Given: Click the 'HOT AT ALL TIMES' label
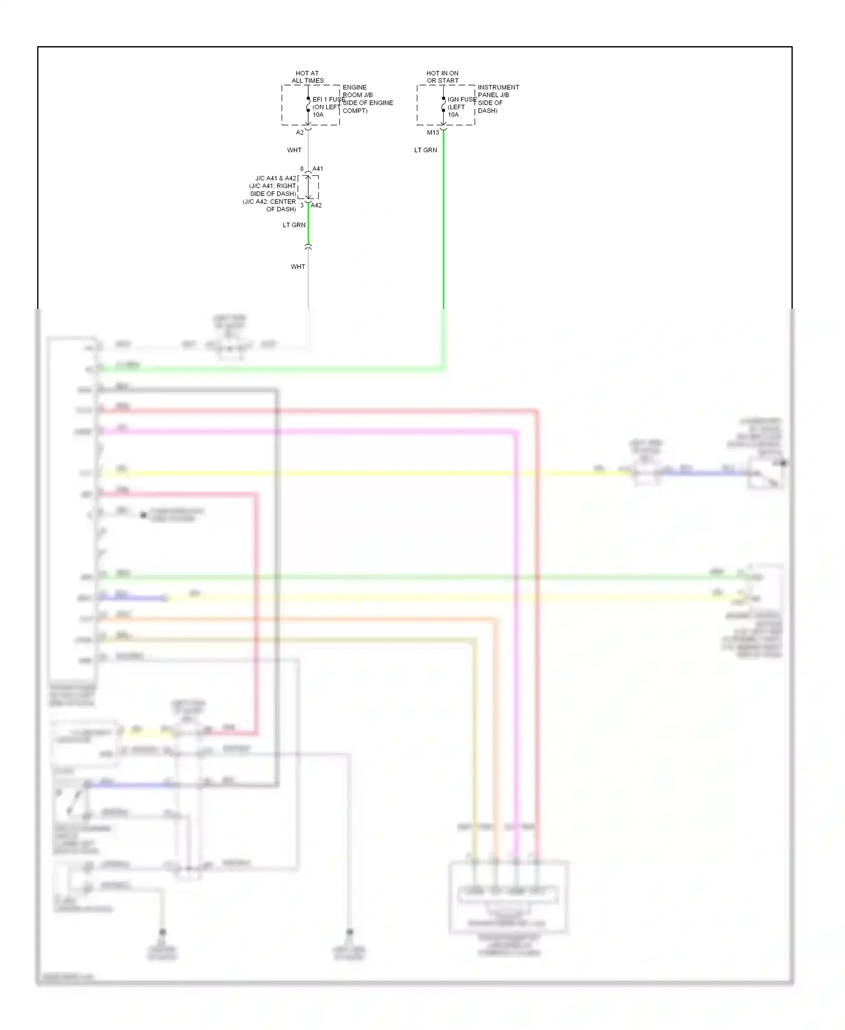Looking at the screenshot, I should click(x=308, y=77).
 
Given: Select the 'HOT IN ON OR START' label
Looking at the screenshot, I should click(x=442, y=77).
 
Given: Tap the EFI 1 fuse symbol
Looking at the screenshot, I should click(x=308, y=105).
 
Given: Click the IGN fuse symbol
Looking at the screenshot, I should click(x=443, y=105).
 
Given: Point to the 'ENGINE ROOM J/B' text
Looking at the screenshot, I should click(x=358, y=91).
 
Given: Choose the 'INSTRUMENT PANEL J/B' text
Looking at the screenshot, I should click(x=498, y=91).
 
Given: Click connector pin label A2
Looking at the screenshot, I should click(x=300, y=132).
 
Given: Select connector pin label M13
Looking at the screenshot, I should click(x=433, y=132).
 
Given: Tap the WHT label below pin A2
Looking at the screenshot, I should click(x=294, y=150).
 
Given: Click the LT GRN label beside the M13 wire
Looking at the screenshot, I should click(x=425, y=150).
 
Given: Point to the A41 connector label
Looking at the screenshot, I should click(x=318, y=169).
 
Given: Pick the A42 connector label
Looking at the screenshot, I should click(x=317, y=205).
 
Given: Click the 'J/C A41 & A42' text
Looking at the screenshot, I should click(x=275, y=178).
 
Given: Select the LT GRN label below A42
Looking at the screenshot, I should click(x=294, y=225).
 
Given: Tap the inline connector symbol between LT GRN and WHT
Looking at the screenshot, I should click(x=308, y=247).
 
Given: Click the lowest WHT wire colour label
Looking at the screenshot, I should click(x=298, y=267).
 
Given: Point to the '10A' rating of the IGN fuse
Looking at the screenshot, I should click(x=453, y=114).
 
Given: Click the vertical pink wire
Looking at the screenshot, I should click(x=515, y=620).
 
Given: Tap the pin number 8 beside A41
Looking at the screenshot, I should click(x=302, y=169).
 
